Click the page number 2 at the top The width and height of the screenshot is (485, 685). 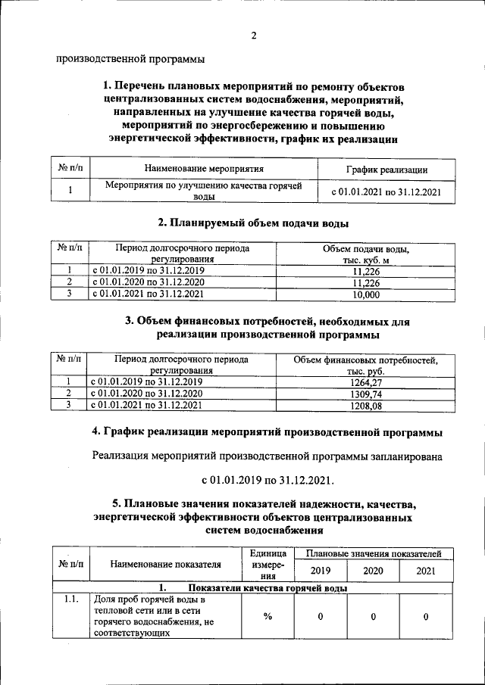253,36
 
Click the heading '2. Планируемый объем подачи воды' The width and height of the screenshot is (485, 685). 253,223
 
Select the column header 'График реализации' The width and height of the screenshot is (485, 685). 386,170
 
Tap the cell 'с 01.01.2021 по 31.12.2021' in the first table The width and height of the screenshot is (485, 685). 386,191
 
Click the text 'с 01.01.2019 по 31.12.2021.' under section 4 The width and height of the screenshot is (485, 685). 267,480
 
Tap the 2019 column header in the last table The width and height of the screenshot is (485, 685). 321,571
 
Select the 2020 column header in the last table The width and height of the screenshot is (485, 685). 373,571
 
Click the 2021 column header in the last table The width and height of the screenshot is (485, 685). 426,571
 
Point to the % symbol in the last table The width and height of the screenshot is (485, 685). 268,616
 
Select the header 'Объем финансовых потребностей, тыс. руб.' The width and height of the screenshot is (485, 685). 366,366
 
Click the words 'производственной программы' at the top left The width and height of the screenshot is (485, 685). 130,60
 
